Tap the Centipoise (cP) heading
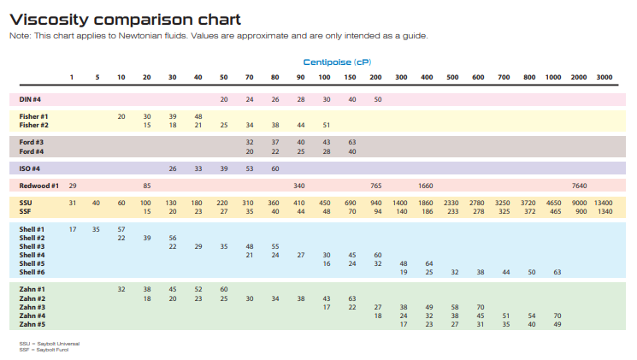(x=343, y=62)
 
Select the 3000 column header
(x=605, y=78)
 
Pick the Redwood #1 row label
(x=38, y=185)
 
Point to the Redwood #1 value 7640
(x=579, y=185)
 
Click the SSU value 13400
(x=604, y=203)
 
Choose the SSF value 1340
(x=605, y=211)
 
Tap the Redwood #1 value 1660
(x=426, y=185)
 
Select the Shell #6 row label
(x=32, y=272)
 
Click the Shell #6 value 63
(x=557, y=272)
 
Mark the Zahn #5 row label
(x=32, y=324)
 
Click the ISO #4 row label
(x=30, y=168)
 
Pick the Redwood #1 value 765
(x=376, y=185)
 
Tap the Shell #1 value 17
(x=73, y=229)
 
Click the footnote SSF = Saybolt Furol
(x=44, y=348)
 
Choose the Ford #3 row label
(x=32, y=142)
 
